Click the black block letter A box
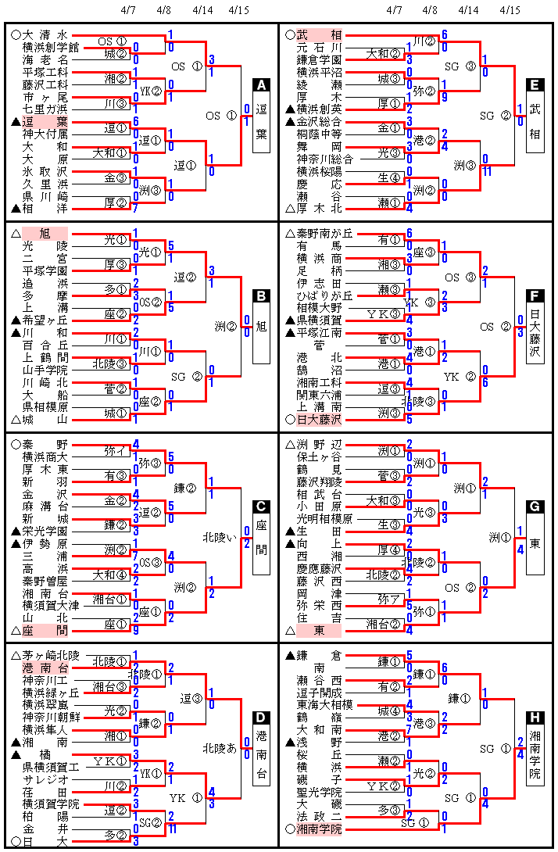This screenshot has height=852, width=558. [x=262, y=86]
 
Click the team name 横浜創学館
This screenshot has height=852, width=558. [x=45, y=47]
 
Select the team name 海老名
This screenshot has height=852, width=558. [x=45, y=59]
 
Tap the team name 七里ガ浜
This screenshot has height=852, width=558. [x=45, y=109]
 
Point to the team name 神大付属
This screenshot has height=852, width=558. [x=45, y=134]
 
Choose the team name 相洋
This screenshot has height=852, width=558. [x=45, y=209]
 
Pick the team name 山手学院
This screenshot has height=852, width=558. [x=45, y=370]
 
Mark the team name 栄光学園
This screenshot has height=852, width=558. [x=45, y=531]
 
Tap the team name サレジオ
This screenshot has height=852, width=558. [x=45, y=779]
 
